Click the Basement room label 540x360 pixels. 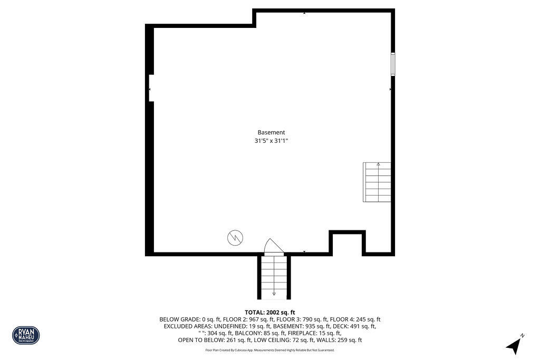[x=271, y=132]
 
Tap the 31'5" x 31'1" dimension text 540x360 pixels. [x=271, y=141]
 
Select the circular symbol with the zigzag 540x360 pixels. [x=235, y=238]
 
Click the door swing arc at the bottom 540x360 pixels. [x=273, y=246]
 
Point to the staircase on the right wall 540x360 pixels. [x=377, y=182]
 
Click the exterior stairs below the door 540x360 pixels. [x=274, y=277]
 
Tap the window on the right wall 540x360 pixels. [x=393, y=64]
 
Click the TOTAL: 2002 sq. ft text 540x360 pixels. [x=269, y=313]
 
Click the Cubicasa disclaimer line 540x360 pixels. [x=269, y=350]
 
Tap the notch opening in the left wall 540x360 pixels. [x=151, y=88]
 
